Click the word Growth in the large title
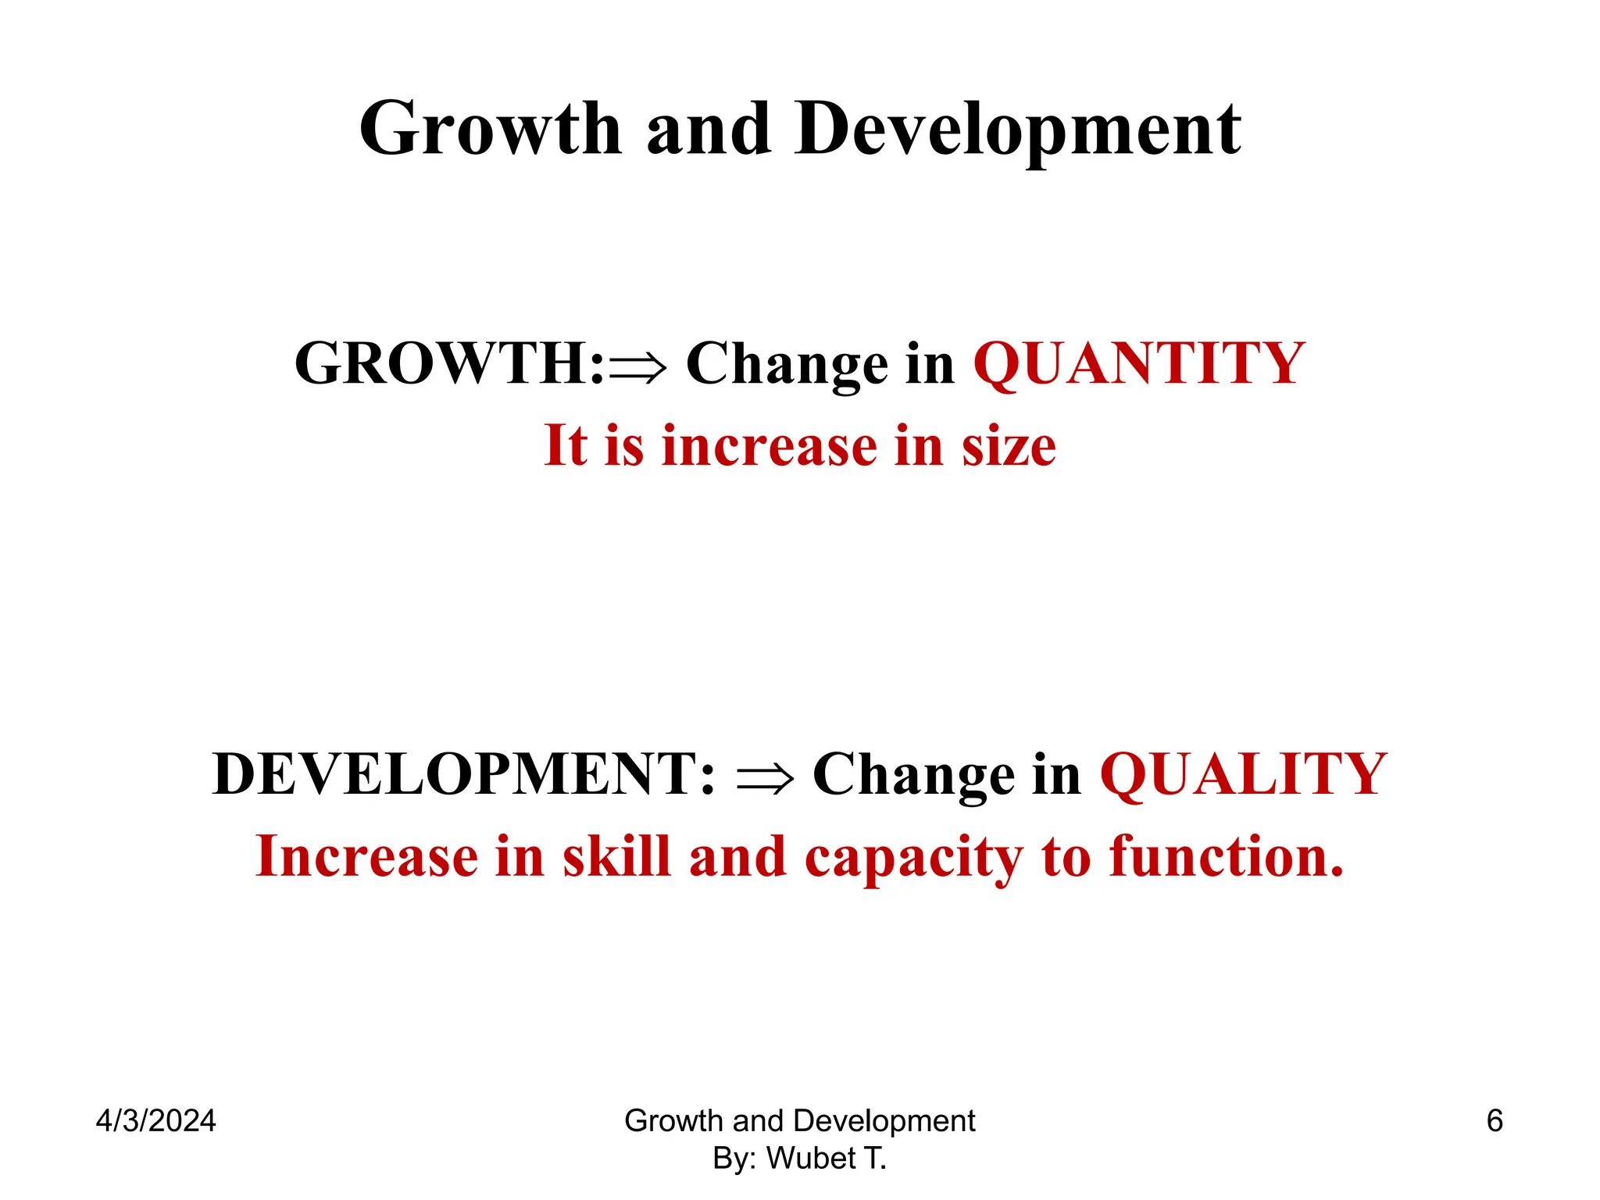click(x=490, y=129)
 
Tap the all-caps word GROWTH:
click(x=449, y=364)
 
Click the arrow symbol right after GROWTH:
click(x=638, y=366)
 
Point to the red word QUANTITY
click(x=1138, y=364)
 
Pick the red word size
click(x=1009, y=446)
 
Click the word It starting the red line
click(x=566, y=445)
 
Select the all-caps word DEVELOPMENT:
click(x=463, y=774)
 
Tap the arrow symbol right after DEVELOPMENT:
click(x=765, y=777)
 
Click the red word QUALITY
click(x=1243, y=774)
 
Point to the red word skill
click(x=616, y=856)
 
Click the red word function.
click(x=1226, y=856)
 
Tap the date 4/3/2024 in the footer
click(x=155, y=1121)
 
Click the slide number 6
click(x=1494, y=1121)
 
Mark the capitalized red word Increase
click(x=366, y=856)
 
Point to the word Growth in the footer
click(x=673, y=1121)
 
